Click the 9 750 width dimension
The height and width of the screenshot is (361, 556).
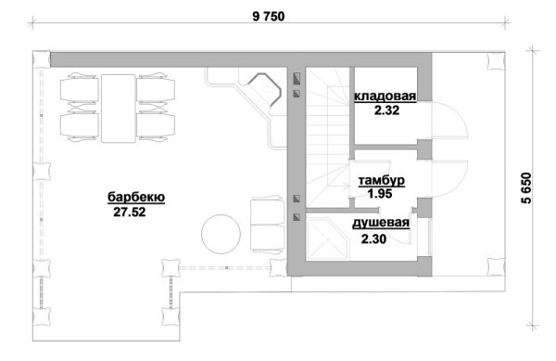pos(269,17)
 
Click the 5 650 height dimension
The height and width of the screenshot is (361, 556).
pos(526,187)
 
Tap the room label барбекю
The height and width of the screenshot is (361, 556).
pos(136,197)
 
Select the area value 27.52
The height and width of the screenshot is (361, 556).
pos(130,212)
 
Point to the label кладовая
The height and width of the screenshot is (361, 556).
pos(385,97)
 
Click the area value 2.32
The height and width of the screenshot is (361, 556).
pos(386,110)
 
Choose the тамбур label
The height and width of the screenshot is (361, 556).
pos(382,180)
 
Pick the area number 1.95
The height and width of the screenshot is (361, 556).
pos(380,194)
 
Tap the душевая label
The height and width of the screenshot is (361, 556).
pos(381,224)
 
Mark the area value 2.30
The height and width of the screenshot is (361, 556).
pos(373,239)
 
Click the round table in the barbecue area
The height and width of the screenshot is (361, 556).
pos(221,234)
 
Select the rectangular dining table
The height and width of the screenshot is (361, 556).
pos(119,109)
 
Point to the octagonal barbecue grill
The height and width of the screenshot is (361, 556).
pos(264,90)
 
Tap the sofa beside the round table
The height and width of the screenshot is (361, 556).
pos(268,225)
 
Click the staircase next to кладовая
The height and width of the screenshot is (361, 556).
pos(327,137)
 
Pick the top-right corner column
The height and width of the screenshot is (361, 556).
pos(496,62)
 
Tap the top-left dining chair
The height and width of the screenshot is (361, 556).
pos(79,89)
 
